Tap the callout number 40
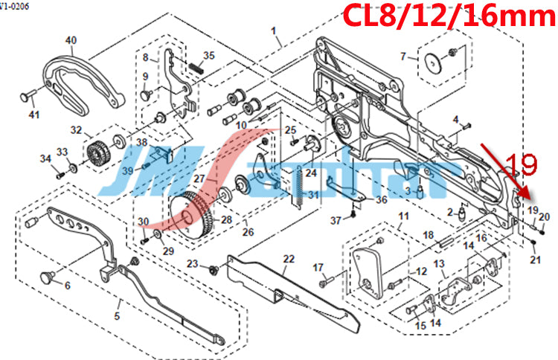(71, 40)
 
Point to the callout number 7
(403, 57)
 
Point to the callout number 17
(318, 268)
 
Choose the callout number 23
(193, 264)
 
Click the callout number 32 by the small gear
(76, 130)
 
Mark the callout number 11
(404, 216)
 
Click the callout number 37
(336, 219)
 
